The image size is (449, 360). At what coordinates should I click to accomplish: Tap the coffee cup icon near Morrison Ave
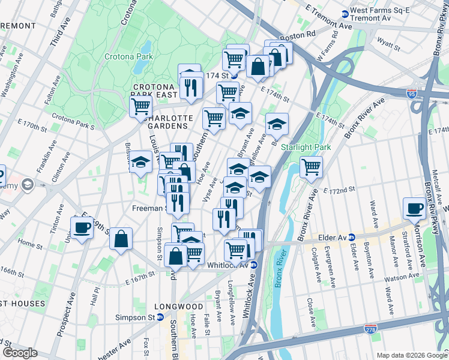414,208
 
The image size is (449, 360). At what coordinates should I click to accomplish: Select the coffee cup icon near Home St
82,227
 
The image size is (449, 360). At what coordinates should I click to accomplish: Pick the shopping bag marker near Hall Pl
121,239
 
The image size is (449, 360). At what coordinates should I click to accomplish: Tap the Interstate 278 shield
370,329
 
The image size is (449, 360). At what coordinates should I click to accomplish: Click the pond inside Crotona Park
145,48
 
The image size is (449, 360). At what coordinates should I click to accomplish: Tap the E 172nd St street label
339,190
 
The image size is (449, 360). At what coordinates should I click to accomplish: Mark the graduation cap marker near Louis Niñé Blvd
141,162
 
